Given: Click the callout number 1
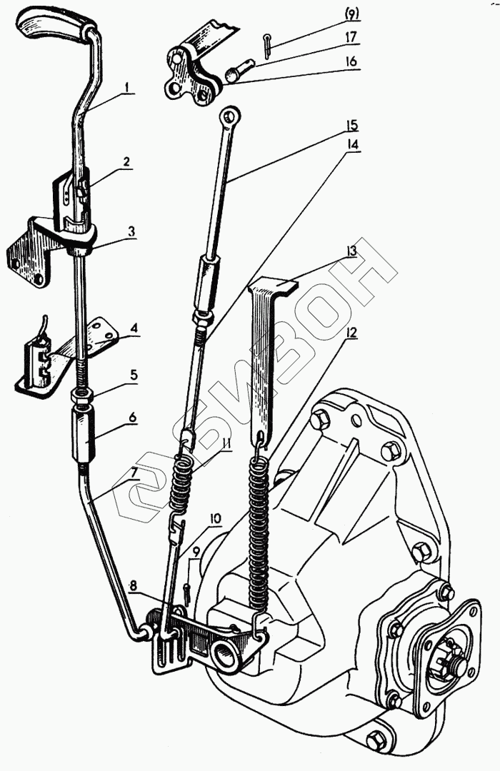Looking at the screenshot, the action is click(126, 89).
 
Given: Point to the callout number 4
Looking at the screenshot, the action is click(134, 330).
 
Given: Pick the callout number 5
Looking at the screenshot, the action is click(133, 373).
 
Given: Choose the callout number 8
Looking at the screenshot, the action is click(134, 585).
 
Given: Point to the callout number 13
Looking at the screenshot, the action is click(351, 251).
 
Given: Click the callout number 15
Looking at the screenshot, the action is click(352, 125).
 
